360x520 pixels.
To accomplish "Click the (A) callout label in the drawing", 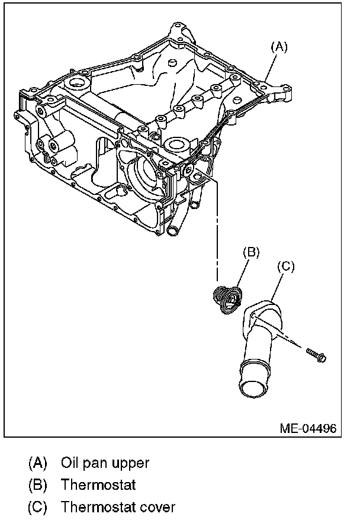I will click(279, 47).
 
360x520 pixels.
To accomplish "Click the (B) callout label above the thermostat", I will click(251, 252).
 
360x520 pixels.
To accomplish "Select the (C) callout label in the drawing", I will click(286, 267).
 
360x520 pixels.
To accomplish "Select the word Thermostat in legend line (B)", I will click(98, 484).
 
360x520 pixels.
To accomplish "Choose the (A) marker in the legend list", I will click(37, 462).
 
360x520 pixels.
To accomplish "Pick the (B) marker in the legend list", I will click(37, 484).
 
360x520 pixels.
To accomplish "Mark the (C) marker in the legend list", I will click(37, 508).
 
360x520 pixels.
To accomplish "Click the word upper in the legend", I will click(133, 463).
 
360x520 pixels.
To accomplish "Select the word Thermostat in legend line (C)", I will click(98, 508).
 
